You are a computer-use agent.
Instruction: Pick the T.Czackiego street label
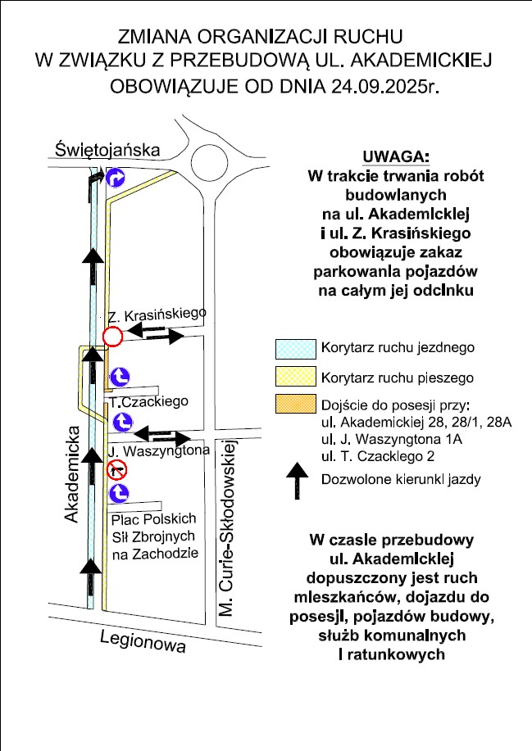149,401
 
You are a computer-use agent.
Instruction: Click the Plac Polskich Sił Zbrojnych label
155,536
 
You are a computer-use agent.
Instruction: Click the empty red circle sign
113,336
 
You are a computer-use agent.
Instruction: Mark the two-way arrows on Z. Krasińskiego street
160,333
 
